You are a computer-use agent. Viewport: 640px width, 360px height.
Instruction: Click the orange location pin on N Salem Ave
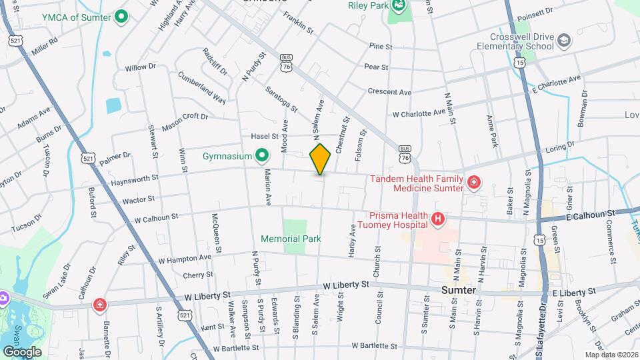(x=320, y=159)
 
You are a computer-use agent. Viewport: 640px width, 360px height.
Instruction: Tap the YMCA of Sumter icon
(x=121, y=16)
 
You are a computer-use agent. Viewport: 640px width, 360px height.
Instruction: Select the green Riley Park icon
(x=398, y=7)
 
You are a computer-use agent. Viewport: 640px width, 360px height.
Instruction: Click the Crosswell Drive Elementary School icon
(x=564, y=41)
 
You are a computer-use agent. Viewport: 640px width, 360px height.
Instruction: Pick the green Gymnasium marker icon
(x=262, y=157)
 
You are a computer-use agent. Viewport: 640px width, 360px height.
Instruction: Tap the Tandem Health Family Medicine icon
(x=473, y=182)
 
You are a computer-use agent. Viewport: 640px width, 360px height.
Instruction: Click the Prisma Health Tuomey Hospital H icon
(x=437, y=219)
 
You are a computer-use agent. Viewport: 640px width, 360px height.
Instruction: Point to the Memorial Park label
(x=291, y=239)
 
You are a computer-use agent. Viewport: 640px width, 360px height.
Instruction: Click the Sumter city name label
(x=459, y=291)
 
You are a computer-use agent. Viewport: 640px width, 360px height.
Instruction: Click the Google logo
(x=22, y=351)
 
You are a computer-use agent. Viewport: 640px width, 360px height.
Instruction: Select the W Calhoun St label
(x=156, y=217)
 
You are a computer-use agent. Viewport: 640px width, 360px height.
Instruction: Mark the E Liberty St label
(x=574, y=293)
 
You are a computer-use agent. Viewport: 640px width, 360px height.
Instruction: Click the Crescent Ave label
(x=390, y=92)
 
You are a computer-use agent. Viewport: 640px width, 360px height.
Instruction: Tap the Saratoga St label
(x=281, y=96)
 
